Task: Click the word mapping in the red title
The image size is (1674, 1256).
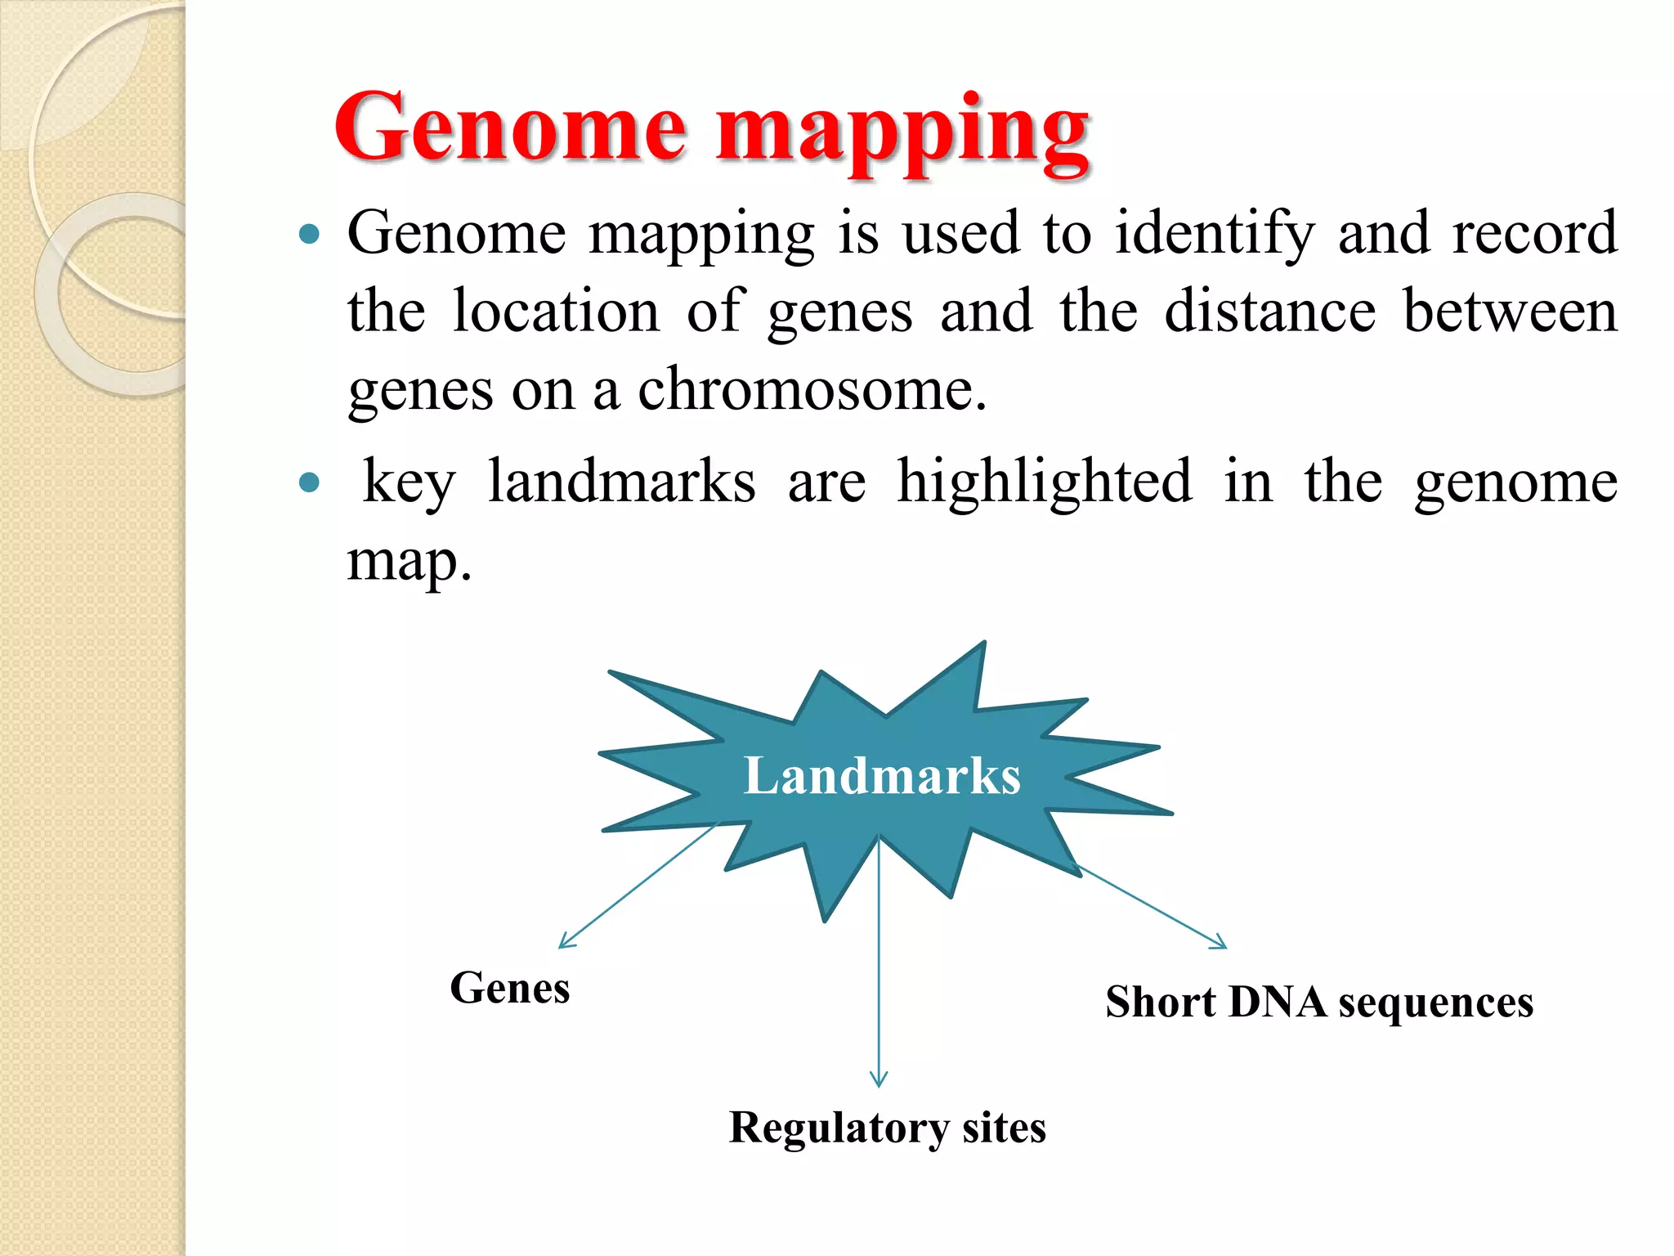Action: [902, 131]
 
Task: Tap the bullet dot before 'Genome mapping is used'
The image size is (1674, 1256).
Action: [309, 235]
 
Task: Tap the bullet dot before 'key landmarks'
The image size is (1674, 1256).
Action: [309, 482]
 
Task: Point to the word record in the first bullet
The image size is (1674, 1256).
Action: [1534, 233]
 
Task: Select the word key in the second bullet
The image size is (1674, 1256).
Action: [409, 482]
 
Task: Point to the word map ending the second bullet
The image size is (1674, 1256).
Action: [409, 563]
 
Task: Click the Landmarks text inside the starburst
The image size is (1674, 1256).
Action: [882, 775]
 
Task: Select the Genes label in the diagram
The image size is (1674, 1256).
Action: [510, 988]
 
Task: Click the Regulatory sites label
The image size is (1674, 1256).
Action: [887, 1128]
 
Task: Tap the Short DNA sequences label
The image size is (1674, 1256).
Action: [1319, 1002]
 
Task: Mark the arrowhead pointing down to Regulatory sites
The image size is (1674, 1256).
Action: [879, 1081]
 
